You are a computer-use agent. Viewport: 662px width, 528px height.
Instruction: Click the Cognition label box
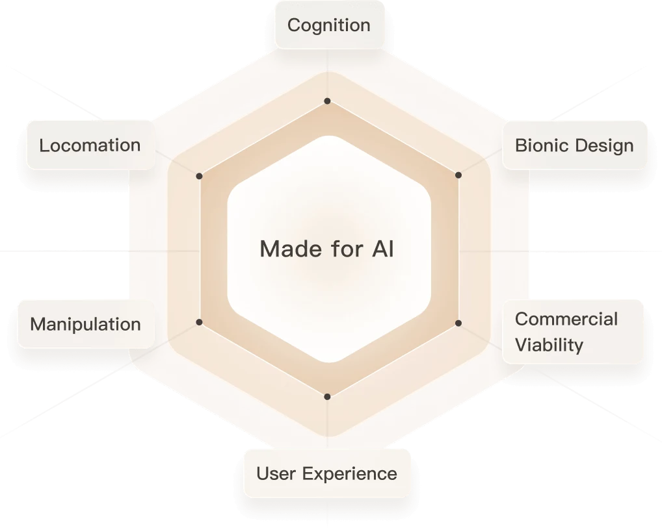pyautogui.click(x=330, y=25)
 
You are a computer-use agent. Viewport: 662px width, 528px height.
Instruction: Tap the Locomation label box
pyautogui.click(x=91, y=145)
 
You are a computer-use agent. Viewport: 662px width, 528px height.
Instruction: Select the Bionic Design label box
pyautogui.click(x=575, y=145)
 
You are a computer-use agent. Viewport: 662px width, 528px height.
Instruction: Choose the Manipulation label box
pyautogui.click(x=86, y=324)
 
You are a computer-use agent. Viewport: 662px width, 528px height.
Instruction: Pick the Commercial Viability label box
pyautogui.click(x=572, y=331)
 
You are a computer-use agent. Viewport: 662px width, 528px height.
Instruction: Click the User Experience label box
pyautogui.click(x=327, y=473)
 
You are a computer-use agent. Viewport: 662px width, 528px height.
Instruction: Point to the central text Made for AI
pyautogui.click(x=327, y=248)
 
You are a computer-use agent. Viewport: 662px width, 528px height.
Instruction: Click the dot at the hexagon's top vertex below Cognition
pyautogui.click(x=327, y=101)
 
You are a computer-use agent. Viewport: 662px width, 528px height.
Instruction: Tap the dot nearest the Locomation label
pyautogui.click(x=199, y=176)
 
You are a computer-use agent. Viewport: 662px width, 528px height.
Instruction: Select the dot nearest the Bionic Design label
pyautogui.click(x=458, y=175)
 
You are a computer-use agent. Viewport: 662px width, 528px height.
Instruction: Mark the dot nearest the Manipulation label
pyautogui.click(x=199, y=322)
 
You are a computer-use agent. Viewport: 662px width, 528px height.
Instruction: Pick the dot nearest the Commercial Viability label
pyautogui.click(x=458, y=323)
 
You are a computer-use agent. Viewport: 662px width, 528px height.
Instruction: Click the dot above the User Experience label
pyautogui.click(x=327, y=397)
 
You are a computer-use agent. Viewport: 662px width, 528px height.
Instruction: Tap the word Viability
pyautogui.click(x=549, y=346)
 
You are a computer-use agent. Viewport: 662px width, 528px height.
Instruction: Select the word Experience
pyautogui.click(x=350, y=474)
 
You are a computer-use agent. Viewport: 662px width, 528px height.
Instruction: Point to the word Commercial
pyautogui.click(x=566, y=320)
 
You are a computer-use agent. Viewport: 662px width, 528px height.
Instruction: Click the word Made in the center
pyautogui.click(x=291, y=248)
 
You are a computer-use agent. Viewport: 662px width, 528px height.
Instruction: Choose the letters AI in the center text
pyautogui.click(x=383, y=248)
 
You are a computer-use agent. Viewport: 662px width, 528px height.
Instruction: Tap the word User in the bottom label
pyautogui.click(x=276, y=473)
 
